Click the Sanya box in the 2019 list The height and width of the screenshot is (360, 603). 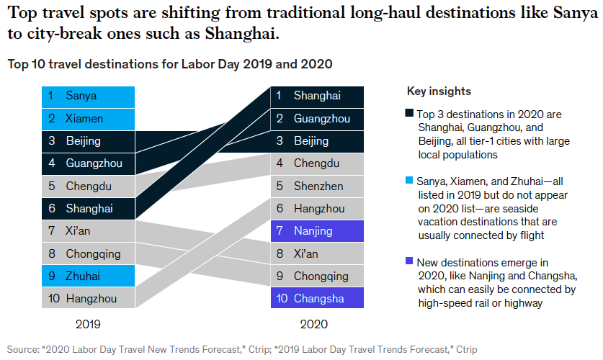(x=88, y=96)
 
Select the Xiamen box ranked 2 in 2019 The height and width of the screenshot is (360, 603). (x=88, y=118)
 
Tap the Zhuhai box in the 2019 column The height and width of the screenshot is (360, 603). (x=88, y=275)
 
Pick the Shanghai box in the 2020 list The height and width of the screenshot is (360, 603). (x=317, y=96)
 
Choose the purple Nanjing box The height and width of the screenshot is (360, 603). (x=317, y=231)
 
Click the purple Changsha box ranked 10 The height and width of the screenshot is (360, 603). (x=317, y=298)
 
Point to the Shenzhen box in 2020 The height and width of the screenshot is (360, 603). (x=317, y=186)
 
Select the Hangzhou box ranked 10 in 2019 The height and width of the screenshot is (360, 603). (x=88, y=297)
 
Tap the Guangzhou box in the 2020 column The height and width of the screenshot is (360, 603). (x=317, y=118)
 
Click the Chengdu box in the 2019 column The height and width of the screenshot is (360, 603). (x=88, y=186)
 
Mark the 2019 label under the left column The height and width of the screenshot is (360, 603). (x=87, y=325)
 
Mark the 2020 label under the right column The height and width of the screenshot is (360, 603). (x=316, y=325)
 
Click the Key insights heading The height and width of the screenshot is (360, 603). (x=439, y=91)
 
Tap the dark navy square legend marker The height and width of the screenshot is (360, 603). (x=409, y=114)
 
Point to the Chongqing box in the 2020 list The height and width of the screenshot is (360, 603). (x=317, y=276)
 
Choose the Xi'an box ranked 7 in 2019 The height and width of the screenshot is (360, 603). (x=88, y=231)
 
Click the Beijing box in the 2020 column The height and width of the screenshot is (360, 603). (x=317, y=141)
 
